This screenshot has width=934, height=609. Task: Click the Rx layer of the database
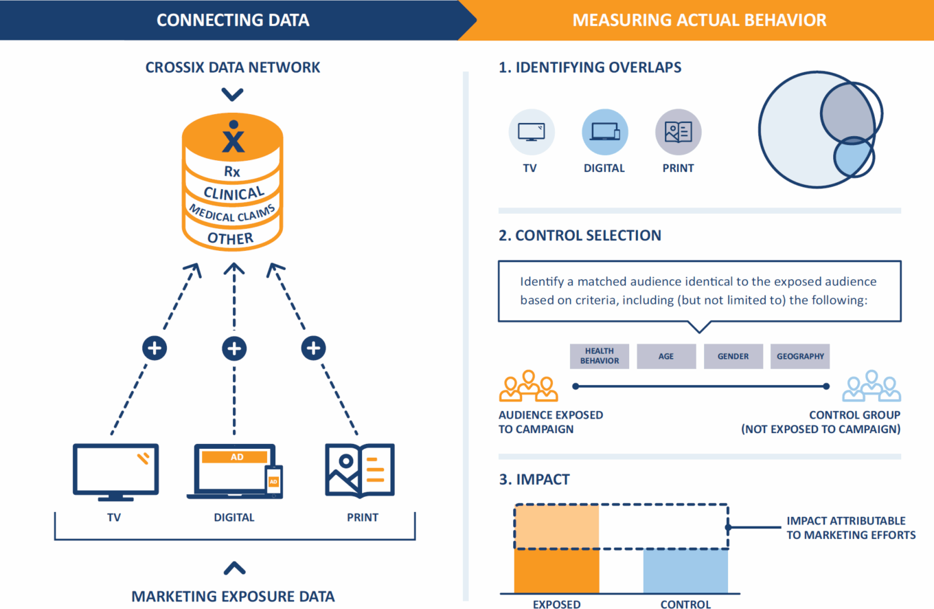click(x=232, y=171)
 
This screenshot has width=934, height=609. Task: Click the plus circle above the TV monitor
click(x=155, y=348)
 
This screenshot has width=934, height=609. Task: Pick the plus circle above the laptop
click(x=234, y=348)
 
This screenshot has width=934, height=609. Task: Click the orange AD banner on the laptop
click(x=236, y=456)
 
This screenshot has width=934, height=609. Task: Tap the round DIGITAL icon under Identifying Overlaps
click(x=604, y=132)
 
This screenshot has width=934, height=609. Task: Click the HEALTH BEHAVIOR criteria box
click(x=599, y=356)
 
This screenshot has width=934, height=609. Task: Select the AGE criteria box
click(x=666, y=356)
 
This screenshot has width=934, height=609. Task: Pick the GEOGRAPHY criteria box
click(x=800, y=356)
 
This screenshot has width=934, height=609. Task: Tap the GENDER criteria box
click(x=733, y=356)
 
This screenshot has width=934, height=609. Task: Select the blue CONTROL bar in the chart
click(x=685, y=571)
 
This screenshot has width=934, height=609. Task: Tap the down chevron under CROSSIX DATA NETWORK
click(x=233, y=94)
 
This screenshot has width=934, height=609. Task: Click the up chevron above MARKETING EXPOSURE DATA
click(x=235, y=568)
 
